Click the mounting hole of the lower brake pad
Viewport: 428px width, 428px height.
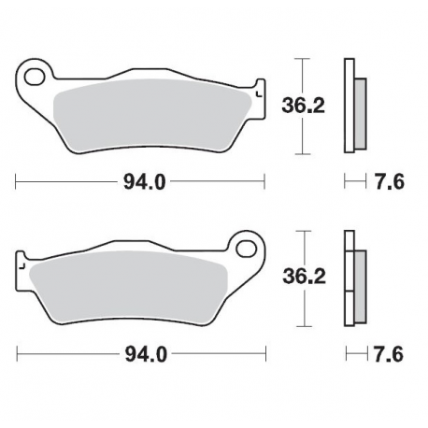click(x=248, y=248)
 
